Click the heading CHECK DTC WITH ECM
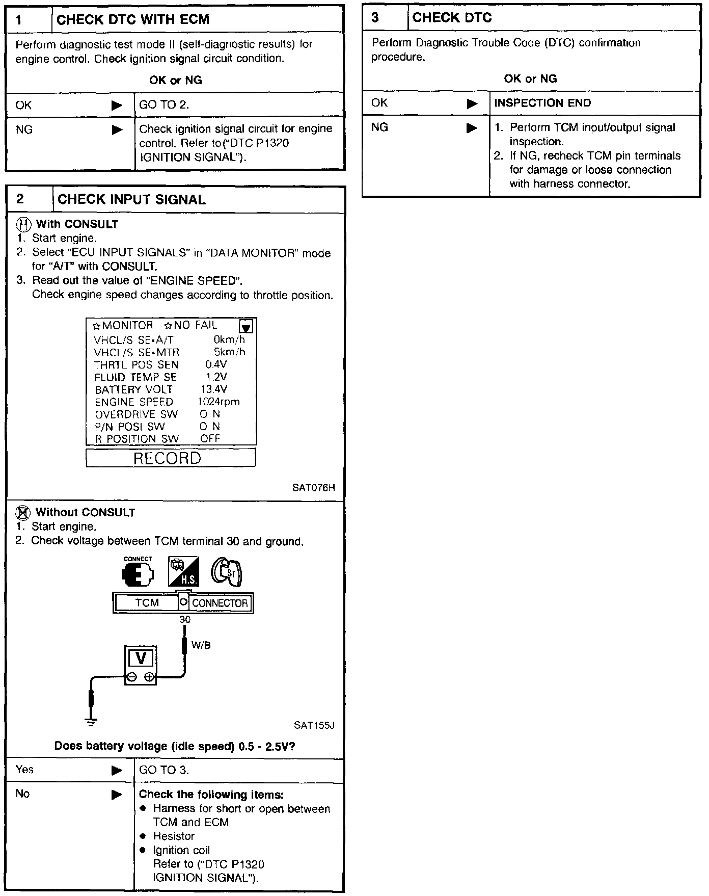(x=133, y=20)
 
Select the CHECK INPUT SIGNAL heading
(x=131, y=200)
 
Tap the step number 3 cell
(x=375, y=18)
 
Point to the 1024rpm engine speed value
(x=219, y=402)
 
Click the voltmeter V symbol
(x=141, y=658)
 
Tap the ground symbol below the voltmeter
(x=91, y=722)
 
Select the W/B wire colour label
(x=201, y=645)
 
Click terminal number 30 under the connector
(x=185, y=619)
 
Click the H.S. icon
(x=183, y=572)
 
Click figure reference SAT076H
(x=314, y=488)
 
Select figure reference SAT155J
(x=314, y=725)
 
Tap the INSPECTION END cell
(x=542, y=103)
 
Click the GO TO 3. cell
(x=164, y=770)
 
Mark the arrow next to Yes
(x=117, y=770)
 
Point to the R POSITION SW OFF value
(x=210, y=438)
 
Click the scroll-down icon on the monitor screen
(x=246, y=326)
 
